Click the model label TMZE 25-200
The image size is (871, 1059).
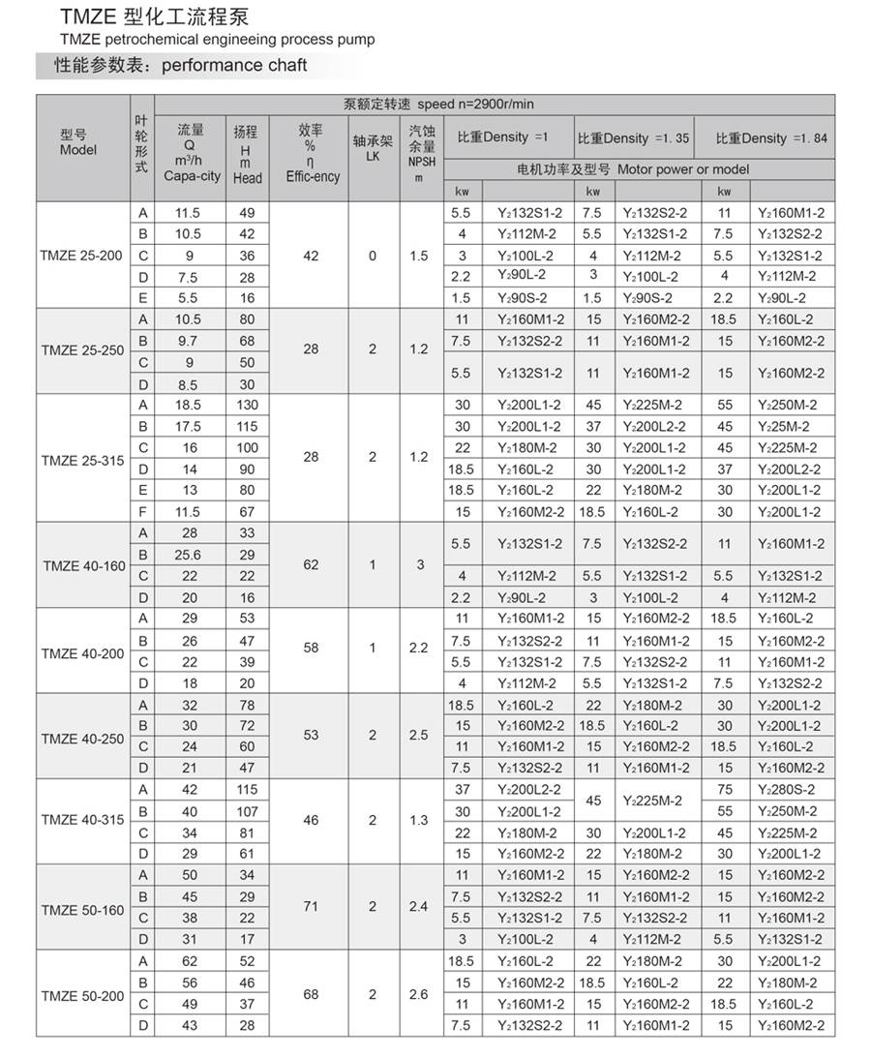[82, 256]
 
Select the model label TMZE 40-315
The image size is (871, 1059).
[82, 820]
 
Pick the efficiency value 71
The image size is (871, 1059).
[311, 906]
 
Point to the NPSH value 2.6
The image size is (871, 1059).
[418, 993]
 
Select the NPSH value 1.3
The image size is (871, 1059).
[418, 820]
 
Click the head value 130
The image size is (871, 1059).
[248, 405]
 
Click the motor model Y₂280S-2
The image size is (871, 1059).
[786, 790]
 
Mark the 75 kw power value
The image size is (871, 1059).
[725, 790]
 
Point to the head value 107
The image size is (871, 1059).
[248, 811]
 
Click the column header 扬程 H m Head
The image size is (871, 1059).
[247, 155]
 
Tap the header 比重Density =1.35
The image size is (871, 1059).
[633, 138]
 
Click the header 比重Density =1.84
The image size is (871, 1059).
[771, 138]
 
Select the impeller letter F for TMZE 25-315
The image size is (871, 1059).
[143, 511]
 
